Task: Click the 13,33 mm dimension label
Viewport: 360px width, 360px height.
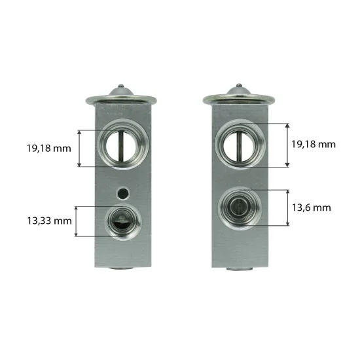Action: [49, 221]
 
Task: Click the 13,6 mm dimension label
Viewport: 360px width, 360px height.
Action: [312, 207]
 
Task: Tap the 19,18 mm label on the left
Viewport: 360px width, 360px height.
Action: [49, 149]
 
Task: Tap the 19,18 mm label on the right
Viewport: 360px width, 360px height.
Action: [314, 144]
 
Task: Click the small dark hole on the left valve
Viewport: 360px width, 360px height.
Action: [123, 193]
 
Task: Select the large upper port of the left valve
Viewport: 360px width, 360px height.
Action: [123, 145]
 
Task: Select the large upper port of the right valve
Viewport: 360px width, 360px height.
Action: [240, 144]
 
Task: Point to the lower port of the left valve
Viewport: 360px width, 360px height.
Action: [123, 222]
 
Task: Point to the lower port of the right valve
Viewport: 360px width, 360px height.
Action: [239, 208]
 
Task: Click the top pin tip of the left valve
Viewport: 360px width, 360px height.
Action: [121, 86]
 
